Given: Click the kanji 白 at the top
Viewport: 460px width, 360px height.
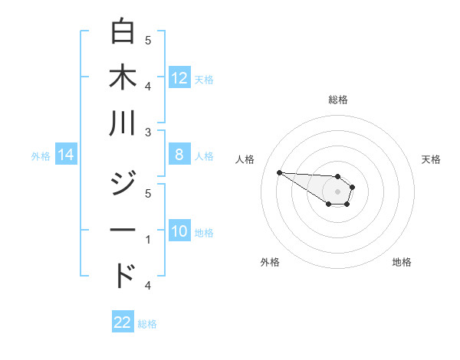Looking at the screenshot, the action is [123, 32].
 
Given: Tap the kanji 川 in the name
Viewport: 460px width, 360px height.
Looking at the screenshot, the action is [123, 123].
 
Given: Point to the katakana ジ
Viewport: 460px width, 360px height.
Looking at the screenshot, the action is [123, 185].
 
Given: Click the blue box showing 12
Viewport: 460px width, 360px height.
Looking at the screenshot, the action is [179, 77].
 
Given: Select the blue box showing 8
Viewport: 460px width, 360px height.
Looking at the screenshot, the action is [179, 155].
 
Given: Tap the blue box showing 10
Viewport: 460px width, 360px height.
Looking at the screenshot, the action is [179, 231].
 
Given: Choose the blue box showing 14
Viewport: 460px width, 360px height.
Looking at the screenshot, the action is [66, 155].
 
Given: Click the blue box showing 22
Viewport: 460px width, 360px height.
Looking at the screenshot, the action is [123, 322].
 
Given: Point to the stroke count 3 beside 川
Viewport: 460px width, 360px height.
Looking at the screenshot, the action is [148, 133].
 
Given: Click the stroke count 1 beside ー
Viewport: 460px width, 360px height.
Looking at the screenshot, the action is [148, 240].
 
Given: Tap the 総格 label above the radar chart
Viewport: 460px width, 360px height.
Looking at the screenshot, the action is [337, 100].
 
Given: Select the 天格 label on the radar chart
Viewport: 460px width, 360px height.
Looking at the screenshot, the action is [431, 159].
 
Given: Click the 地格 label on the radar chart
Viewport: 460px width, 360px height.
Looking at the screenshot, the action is [402, 262].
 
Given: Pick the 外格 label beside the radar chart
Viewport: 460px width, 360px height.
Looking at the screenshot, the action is [270, 262].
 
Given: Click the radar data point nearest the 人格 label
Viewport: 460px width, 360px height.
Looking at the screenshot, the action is [279, 172].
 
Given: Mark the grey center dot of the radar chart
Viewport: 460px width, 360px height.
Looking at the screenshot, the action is [337, 191].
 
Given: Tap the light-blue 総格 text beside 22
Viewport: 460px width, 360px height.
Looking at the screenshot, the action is [147, 324].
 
